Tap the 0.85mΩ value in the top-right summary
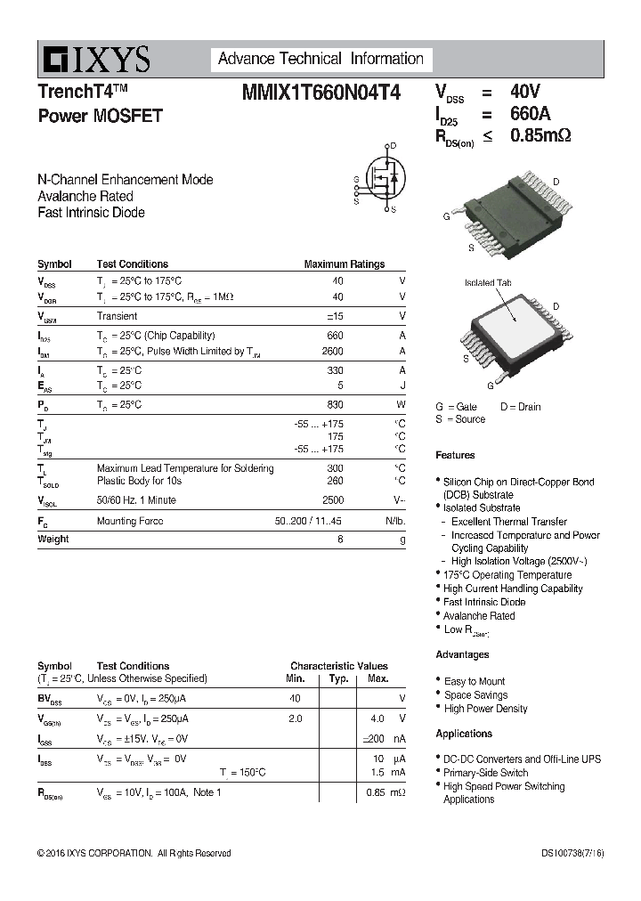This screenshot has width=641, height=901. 540,136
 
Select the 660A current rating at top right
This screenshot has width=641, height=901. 530,114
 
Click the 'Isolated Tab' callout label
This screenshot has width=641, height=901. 488,283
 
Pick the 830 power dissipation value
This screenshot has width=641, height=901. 335,404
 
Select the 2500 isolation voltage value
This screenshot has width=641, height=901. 332,500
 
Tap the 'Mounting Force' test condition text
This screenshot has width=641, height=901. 130,521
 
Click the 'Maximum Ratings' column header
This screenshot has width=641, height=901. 344,264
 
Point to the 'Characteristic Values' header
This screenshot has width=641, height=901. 338,666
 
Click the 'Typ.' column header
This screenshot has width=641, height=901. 338,678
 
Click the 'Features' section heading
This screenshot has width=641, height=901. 455,455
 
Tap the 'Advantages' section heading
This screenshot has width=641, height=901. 462,654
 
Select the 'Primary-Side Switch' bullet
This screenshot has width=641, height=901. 485,773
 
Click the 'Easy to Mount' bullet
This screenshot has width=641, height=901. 475,681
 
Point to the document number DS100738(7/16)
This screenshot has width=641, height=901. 572,853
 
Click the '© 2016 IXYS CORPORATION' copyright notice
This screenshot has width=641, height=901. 134,853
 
